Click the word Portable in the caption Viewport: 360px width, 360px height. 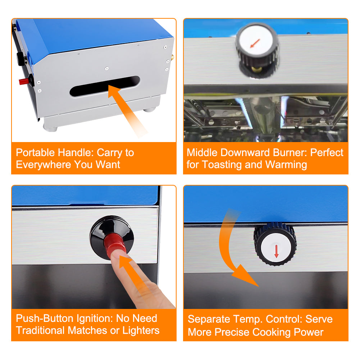[35, 152]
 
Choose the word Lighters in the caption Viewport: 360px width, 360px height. [141, 331]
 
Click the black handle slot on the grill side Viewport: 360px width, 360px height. [105, 86]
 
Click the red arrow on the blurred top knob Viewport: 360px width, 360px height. [255, 44]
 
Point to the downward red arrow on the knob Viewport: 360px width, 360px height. [277, 251]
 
